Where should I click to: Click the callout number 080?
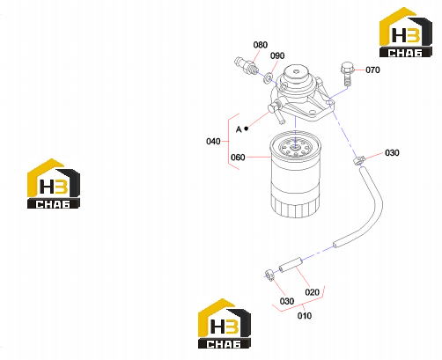[261, 45]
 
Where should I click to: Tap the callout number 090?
[277, 55]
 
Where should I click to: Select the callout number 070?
[372, 70]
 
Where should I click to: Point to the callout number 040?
[213, 142]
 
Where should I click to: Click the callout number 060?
[238, 158]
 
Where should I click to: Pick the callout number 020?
[312, 292]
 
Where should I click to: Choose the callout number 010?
[305, 316]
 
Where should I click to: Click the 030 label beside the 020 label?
[287, 301]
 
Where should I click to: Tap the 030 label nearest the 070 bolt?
[392, 153]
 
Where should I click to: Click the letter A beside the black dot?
[239, 129]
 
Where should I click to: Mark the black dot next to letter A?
[247, 129]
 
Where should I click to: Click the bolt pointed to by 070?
[347, 74]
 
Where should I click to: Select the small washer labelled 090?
[268, 78]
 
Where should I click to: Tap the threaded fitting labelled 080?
[246, 66]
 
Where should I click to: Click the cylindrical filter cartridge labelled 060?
[296, 174]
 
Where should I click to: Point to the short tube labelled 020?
[291, 265]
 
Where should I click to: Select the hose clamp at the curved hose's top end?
[359, 160]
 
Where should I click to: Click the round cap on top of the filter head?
[295, 72]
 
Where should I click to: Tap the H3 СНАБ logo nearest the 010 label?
[225, 324]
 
